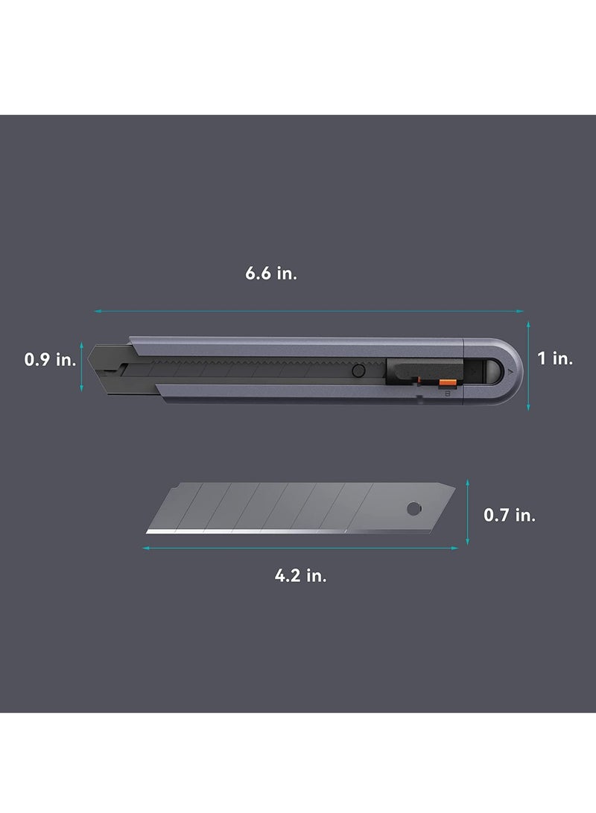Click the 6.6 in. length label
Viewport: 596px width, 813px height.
click(x=271, y=273)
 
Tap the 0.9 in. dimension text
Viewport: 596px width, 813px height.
click(x=50, y=360)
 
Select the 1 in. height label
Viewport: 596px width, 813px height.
click(x=555, y=358)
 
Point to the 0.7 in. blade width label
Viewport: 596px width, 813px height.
click(x=510, y=514)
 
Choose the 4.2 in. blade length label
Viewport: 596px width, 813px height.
click(x=301, y=575)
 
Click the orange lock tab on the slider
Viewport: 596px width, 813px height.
click(x=447, y=383)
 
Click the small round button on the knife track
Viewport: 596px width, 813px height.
click(x=358, y=370)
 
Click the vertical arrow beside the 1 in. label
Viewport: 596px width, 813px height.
click(x=528, y=365)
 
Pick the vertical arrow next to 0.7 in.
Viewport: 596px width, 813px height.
click(x=469, y=512)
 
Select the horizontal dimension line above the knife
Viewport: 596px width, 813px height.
click(x=308, y=311)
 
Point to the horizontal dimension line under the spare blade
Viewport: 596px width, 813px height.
click(x=299, y=548)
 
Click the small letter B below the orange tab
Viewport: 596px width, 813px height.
click(x=445, y=395)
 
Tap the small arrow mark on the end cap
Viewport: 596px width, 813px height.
click(x=510, y=369)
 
